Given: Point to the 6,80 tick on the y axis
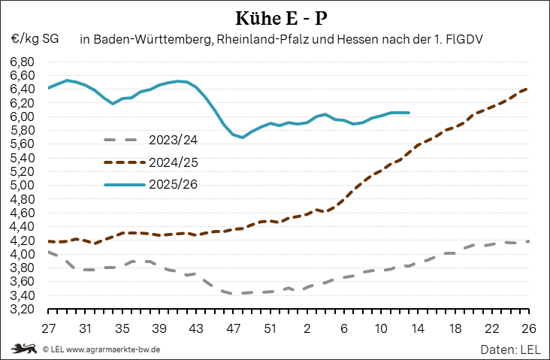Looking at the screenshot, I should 23,62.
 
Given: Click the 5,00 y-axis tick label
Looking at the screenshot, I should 23,186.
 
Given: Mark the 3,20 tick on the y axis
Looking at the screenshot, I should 23,309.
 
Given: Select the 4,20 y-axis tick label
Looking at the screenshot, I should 23,241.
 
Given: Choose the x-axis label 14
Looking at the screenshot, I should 418,328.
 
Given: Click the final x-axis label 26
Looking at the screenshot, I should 528,328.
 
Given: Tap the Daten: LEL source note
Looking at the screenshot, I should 511,349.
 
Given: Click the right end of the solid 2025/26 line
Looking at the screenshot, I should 408,113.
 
